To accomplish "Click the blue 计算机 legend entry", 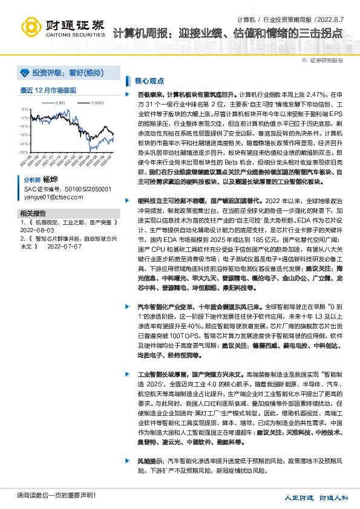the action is coord(59,103).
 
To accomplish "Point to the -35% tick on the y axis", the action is coord(24,153).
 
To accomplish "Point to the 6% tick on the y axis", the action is coord(25,110).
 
